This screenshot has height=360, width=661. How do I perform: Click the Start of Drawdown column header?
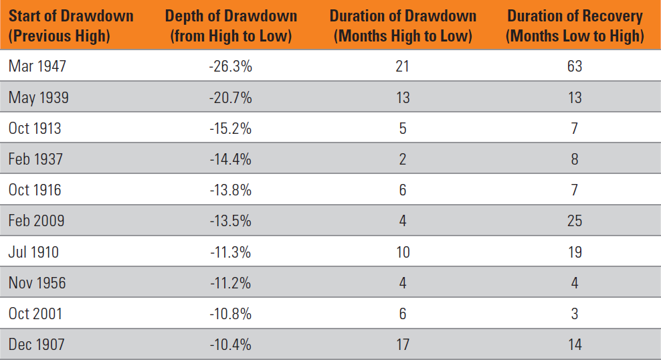click(x=71, y=25)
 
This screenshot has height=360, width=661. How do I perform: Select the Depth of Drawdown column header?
click(x=231, y=25)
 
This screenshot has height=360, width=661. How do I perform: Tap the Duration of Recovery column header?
click(x=575, y=25)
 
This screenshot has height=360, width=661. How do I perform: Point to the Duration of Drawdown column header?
click(x=403, y=25)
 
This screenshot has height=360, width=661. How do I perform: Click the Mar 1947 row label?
click(x=37, y=66)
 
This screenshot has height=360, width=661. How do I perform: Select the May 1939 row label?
click(x=38, y=98)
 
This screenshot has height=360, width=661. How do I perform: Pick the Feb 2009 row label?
click(x=36, y=221)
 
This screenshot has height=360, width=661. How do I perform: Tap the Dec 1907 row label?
click(x=37, y=345)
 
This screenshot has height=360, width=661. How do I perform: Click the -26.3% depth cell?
click(x=231, y=66)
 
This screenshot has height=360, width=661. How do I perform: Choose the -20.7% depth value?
click(x=231, y=98)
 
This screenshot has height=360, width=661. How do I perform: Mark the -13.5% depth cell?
click(x=231, y=221)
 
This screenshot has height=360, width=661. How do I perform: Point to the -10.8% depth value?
click(x=231, y=314)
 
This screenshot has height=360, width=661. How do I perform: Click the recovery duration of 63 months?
click(x=575, y=66)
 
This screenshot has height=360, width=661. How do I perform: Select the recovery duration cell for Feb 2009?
click(x=575, y=221)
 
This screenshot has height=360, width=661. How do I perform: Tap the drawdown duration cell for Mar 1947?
click(x=403, y=66)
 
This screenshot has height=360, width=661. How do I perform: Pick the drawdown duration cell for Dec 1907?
click(x=403, y=345)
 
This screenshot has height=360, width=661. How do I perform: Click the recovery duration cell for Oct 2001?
click(x=575, y=314)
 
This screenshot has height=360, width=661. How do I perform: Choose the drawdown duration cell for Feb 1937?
click(x=403, y=159)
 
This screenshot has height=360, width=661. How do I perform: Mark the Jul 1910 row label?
click(x=33, y=252)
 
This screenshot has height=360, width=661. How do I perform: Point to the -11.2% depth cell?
click(x=231, y=283)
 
